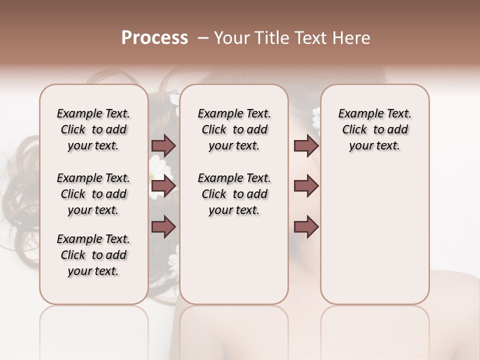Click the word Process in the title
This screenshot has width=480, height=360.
[154, 38]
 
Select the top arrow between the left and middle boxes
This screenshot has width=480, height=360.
[163, 145]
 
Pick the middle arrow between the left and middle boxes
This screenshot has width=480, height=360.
[163, 186]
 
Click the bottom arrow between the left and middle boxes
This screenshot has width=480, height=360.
[163, 227]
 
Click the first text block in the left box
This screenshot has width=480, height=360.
[93, 129]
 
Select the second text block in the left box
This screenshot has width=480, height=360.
[93, 194]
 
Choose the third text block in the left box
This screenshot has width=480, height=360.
[93, 255]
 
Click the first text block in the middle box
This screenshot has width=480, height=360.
[234, 129]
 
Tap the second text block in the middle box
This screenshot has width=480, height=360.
[234, 194]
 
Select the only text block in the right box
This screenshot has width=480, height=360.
[374, 129]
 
